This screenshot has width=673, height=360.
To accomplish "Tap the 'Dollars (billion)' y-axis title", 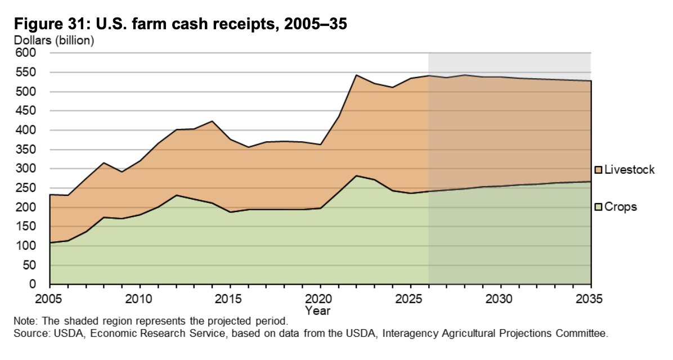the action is coord(53,40).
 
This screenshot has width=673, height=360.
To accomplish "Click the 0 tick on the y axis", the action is coord(33,285).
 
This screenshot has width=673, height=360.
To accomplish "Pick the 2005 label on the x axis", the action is coord(50,298).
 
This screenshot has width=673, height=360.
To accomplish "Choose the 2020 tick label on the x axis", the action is coord(320,298).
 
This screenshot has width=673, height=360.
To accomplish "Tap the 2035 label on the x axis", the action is coord(590,298).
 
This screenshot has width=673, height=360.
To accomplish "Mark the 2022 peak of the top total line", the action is coord(356,75).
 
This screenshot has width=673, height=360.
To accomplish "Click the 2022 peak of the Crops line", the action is coord(356,175).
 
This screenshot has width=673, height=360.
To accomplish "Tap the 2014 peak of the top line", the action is coord(212,121).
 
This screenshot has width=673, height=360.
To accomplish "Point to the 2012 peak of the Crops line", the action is coord(176,195).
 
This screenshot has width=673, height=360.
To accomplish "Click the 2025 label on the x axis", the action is coord(410,298).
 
